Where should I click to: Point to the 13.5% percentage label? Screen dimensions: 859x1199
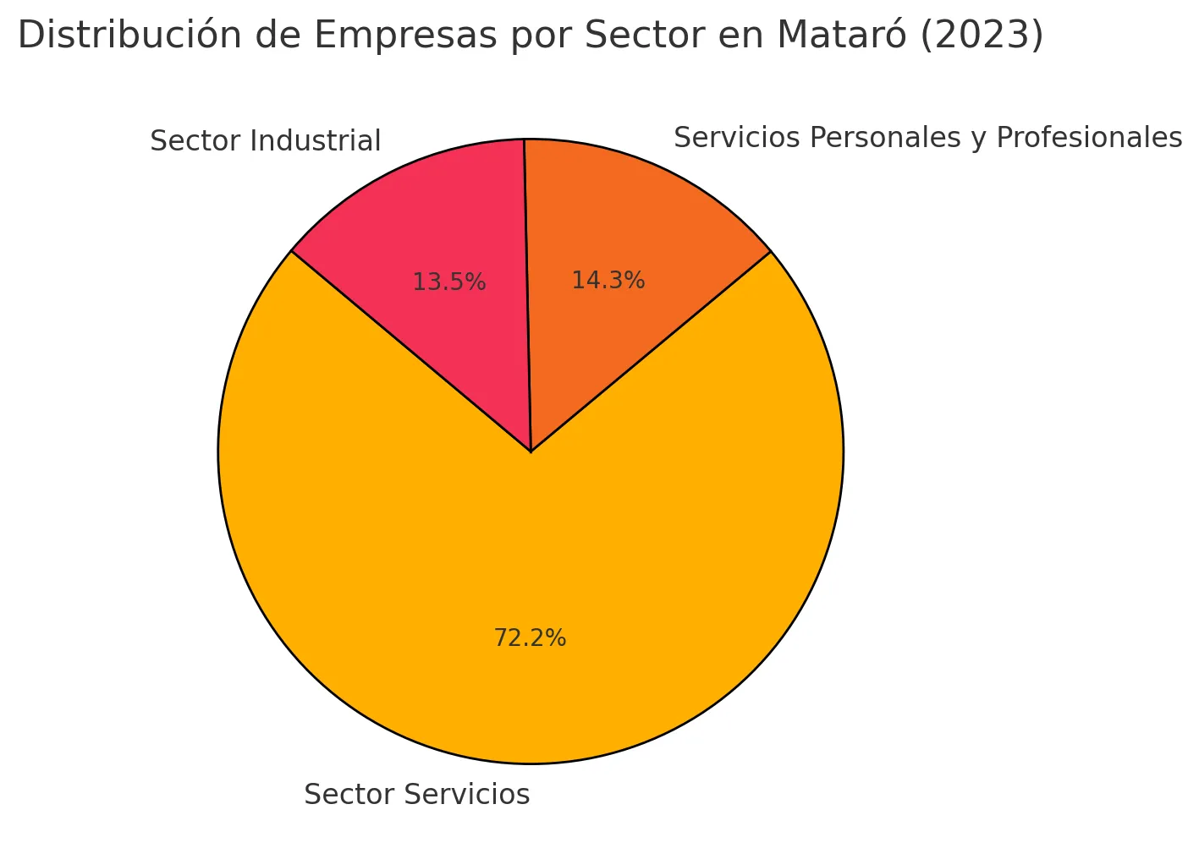pyautogui.click(x=448, y=282)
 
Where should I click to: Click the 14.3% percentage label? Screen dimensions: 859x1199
pyautogui.click(x=608, y=281)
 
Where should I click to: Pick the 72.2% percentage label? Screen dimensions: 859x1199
pyautogui.click(x=530, y=638)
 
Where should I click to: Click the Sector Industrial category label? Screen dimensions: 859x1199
pyautogui.click(x=265, y=141)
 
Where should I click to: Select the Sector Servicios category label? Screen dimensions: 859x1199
pyautogui.click(x=416, y=795)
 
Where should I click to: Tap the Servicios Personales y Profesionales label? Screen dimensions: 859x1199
pyautogui.click(x=927, y=138)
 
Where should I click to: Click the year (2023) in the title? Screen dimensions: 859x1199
pyautogui.click(x=982, y=36)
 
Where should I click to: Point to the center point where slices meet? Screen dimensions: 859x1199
pyautogui.click(x=531, y=451)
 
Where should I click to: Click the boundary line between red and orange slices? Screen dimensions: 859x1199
pyautogui.click(x=527, y=296)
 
